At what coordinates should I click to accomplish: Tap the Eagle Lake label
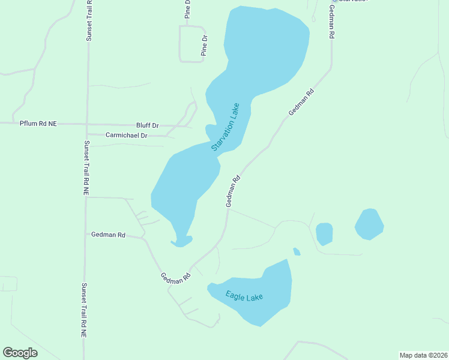(244, 296)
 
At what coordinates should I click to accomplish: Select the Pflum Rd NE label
(38, 123)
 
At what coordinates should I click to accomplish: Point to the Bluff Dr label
(147, 125)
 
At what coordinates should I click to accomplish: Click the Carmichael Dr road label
(126, 136)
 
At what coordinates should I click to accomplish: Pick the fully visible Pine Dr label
(204, 46)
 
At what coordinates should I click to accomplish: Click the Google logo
(20, 353)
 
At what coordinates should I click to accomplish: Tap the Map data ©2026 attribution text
(423, 355)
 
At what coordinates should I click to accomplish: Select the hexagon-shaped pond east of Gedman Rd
(369, 224)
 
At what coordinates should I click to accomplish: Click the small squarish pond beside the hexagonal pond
(324, 233)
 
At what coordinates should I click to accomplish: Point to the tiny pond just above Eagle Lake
(297, 251)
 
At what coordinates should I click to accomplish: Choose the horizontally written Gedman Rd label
(108, 235)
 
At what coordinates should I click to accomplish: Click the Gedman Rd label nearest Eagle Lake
(175, 278)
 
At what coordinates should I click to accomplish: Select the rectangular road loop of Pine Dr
(193, 44)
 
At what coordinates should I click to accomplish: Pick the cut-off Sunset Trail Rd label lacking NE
(89, 21)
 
